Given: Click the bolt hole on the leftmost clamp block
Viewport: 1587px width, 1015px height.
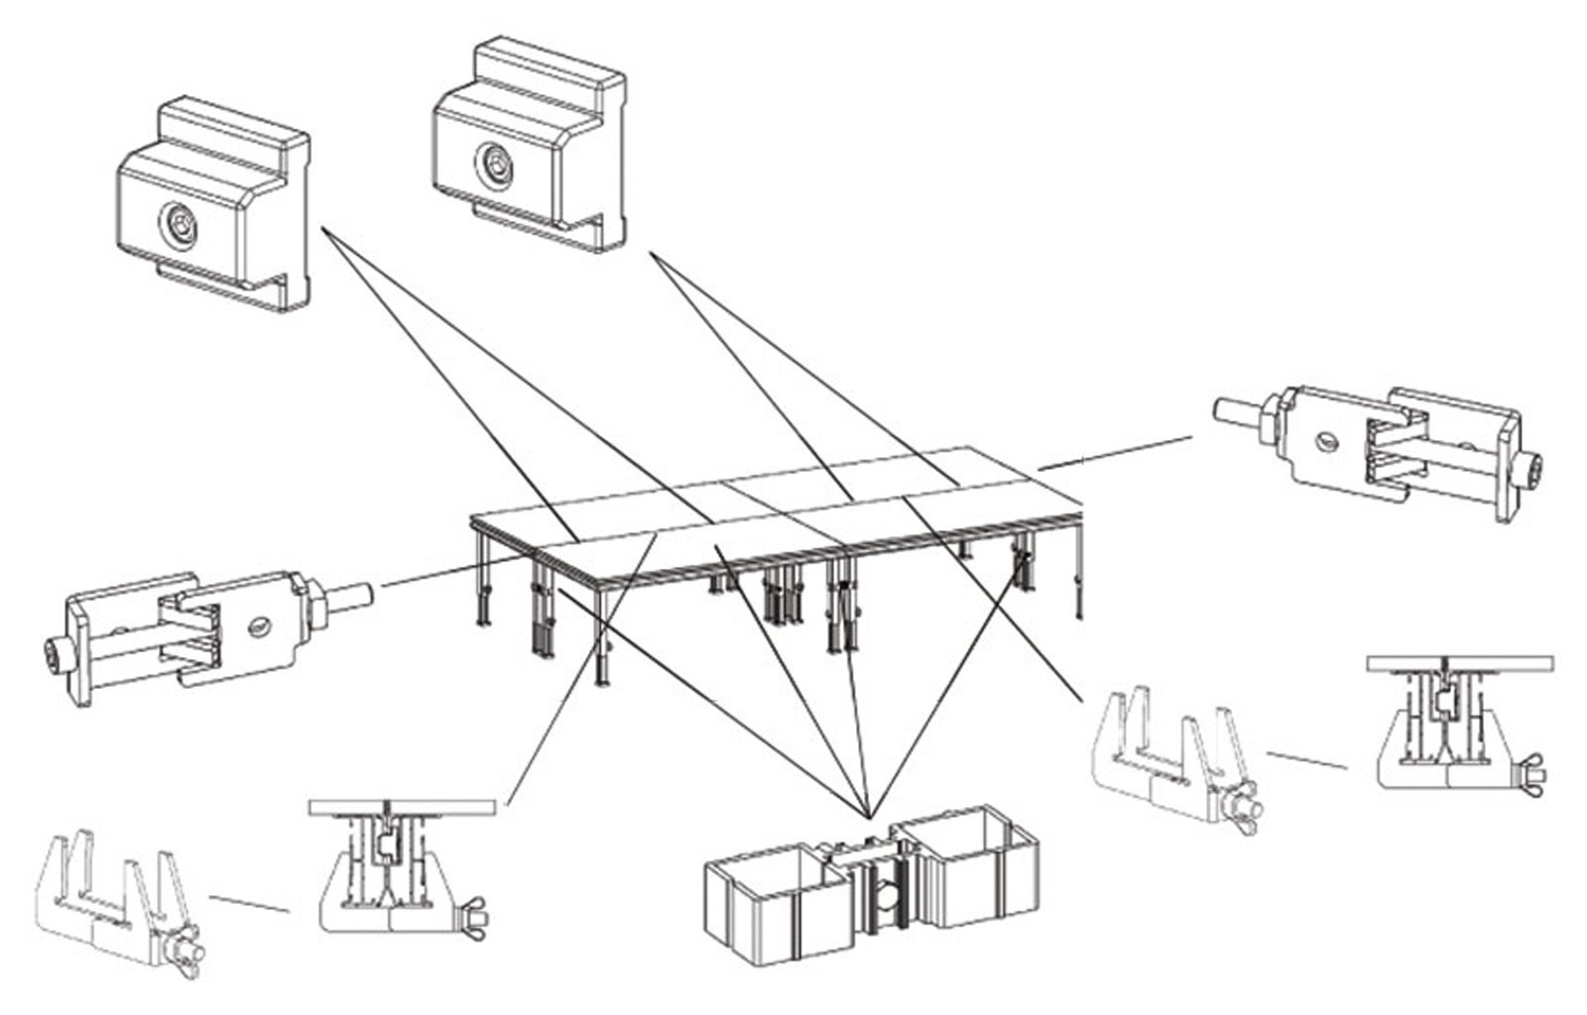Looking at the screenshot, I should (180, 224).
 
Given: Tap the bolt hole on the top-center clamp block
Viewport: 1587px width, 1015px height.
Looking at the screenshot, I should (492, 164).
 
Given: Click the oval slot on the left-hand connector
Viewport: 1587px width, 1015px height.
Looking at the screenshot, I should (260, 624).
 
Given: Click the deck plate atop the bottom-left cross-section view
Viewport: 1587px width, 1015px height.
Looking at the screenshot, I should (401, 808).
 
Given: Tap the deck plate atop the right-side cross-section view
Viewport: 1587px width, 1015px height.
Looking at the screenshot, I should (1459, 663).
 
